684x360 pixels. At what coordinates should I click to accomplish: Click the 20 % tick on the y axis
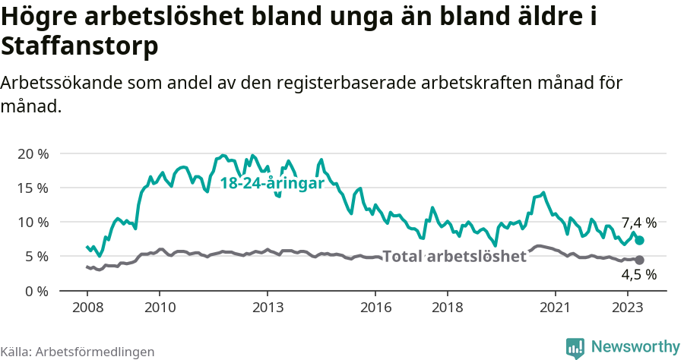click(33, 153)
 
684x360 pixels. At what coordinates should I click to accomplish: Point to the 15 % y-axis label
click(33, 188)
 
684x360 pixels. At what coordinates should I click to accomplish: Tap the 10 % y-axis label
click(33, 223)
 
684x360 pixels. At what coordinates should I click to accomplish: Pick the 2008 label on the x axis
click(87, 308)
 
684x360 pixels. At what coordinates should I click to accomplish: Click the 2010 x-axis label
click(160, 308)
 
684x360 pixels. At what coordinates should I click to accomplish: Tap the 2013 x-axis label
click(268, 308)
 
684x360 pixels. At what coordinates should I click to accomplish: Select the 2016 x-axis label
click(375, 308)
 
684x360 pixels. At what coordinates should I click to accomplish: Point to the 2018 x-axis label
click(448, 308)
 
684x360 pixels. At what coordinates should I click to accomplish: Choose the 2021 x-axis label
click(556, 308)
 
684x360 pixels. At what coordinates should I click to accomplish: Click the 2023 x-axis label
click(628, 308)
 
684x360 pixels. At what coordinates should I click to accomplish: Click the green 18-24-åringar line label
click(272, 184)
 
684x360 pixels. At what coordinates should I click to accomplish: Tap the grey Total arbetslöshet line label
click(454, 257)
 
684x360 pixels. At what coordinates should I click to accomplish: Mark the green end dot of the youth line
click(640, 240)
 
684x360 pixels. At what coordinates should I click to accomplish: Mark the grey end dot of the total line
click(640, 260)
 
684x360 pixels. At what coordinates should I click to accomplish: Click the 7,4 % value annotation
click(638, 223)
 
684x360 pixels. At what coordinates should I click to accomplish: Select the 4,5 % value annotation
click(638, 275)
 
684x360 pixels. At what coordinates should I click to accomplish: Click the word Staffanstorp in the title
click(80, 46)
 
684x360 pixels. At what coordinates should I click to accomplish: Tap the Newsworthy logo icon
click(575, 347)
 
